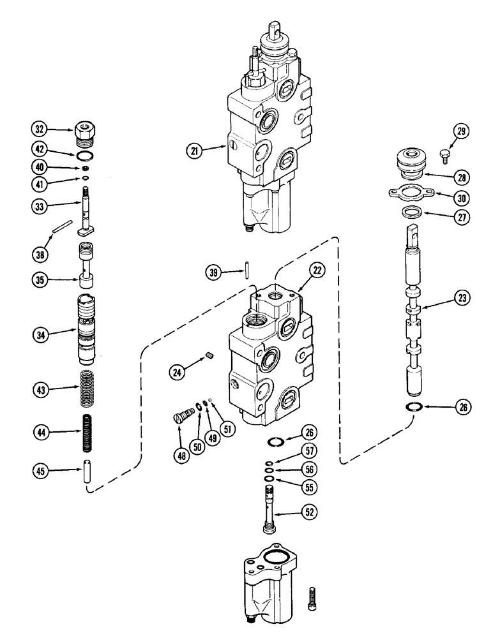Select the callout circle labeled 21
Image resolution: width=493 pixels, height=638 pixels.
(x=194, y=151)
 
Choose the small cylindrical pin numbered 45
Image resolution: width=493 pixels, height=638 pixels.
(x=86, y=472)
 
